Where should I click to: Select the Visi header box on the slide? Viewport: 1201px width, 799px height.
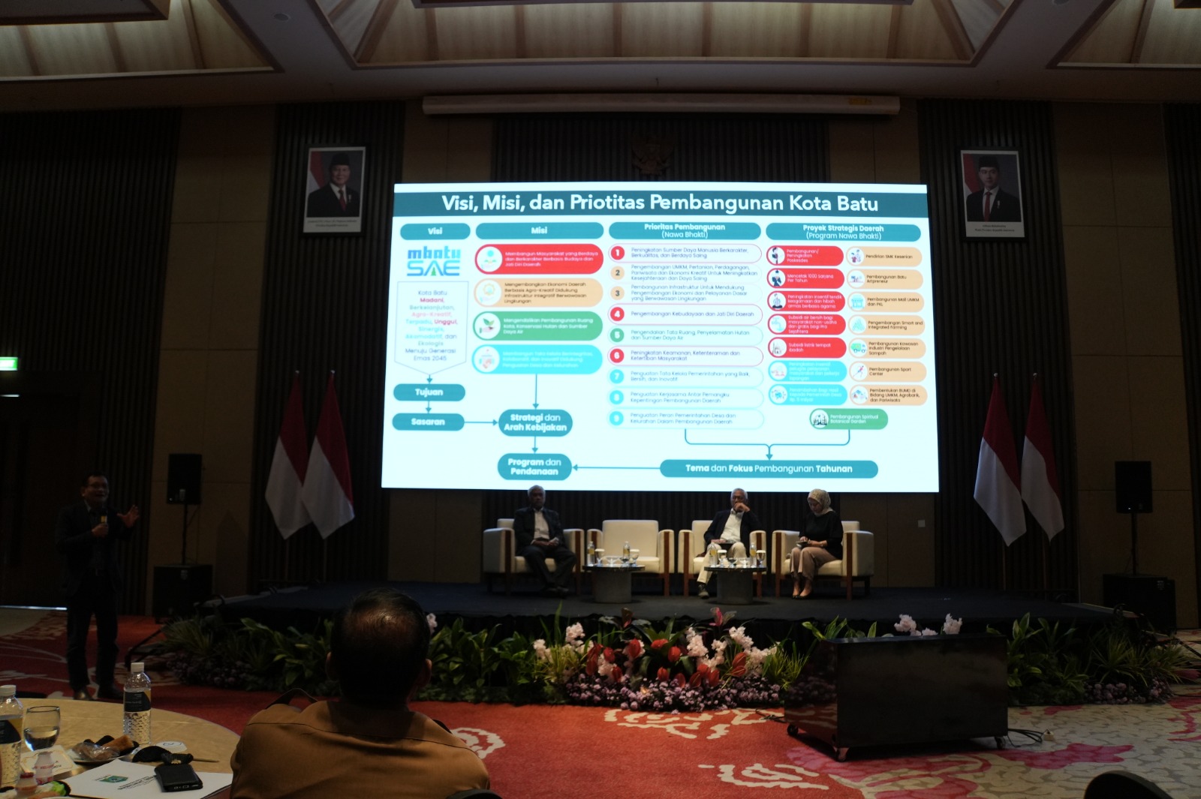tap(435, 231)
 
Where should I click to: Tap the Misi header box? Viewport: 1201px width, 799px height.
tap(539, 230)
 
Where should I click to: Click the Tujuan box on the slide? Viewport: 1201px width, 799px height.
tap(429, 392)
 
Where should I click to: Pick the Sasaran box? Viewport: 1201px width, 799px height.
tap(428, 422)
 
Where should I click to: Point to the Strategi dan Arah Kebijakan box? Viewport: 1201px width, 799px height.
tap(535, 422)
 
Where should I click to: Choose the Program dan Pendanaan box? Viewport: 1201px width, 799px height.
tap(534, 467)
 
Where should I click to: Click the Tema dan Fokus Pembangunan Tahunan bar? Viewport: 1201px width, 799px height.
tap(769, 469)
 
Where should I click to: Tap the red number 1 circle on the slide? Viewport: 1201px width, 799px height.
tap(617, 253)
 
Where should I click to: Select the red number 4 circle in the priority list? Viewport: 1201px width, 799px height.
tap(617, 314)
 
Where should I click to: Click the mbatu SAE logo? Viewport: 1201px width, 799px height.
tap(433, 260)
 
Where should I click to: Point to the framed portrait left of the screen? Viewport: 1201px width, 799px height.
tap(335, 188)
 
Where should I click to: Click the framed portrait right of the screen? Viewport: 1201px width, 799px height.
tap(992, 194)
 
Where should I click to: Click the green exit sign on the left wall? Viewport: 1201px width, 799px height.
tap(8, 365)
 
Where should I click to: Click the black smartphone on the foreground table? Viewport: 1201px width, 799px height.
tap(178, 777)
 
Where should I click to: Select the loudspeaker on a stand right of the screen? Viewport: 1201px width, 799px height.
tap(1133, 487)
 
